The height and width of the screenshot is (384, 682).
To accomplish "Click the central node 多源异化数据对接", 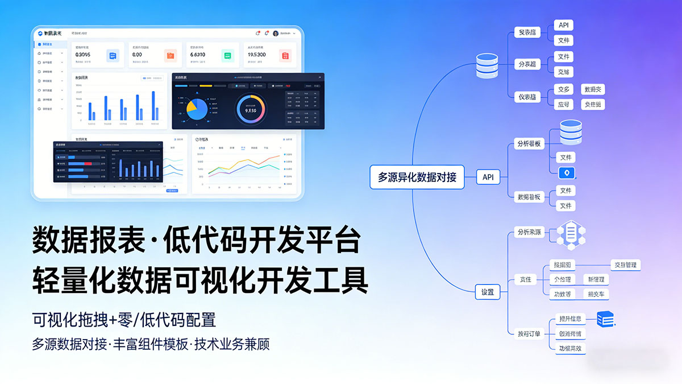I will pyautogui.click(x=417, y=177).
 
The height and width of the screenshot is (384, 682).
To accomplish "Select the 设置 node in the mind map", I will pyautogui.click(x=488, y=292).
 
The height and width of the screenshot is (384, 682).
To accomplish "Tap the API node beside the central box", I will pyautogui.click(x=488, y=177).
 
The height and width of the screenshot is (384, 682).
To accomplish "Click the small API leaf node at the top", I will pyautogui.click(x=563, y=25).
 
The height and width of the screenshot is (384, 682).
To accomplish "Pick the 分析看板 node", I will pyautogui.click(x=528, y=143).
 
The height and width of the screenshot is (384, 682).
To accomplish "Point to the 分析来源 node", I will pyautogui.click(x=529, y=232).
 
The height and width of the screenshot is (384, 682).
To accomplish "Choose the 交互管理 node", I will pyautogui.click(x=625, y=265).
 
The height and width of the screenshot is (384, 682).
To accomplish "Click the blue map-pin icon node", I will pyautogui.click(x=567, y=174).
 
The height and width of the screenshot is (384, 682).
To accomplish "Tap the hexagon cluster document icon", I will pyautogui.click(x=571, y=233).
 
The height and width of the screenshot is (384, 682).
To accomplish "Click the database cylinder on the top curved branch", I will pyautogui.click(x=487, y=65).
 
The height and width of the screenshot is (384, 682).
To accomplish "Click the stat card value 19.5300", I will pyautogui.click(x=257, y=55).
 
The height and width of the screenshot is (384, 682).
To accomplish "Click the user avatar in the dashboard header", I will pyautogui.click(x=276, y=33).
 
